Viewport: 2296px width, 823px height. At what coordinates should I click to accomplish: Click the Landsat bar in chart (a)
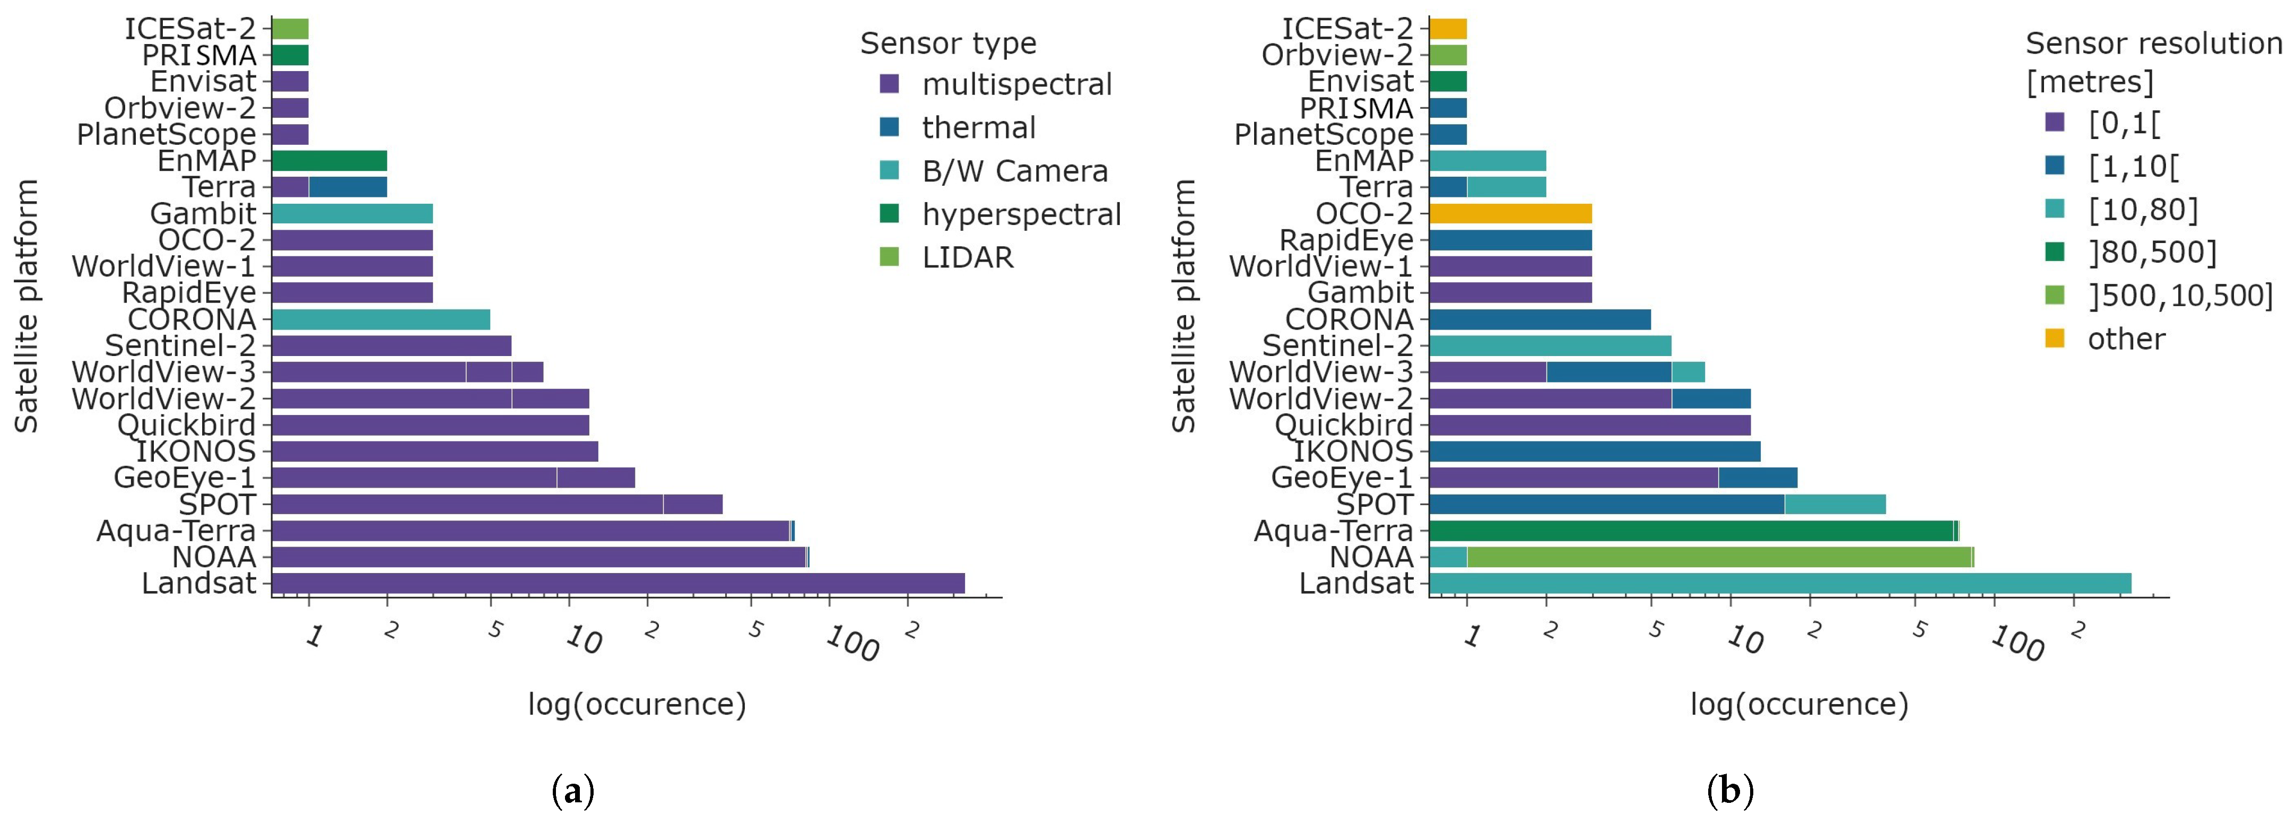[x=618, y=583]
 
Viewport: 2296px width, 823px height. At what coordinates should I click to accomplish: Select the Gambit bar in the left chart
[x=352, y=214]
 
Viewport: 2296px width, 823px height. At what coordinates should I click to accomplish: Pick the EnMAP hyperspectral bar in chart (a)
[x=329, y=160]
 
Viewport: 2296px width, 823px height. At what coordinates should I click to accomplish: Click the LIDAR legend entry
[x=967, y=258]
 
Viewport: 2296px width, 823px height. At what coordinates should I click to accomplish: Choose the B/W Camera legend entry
[x=1014, y=171]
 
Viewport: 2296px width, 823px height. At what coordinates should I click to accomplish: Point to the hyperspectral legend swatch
[x=889, y=214]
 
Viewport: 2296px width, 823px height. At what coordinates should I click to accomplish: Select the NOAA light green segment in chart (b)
[x=1718, y=557]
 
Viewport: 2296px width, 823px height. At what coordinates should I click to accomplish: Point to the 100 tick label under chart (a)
[x=852, y=643]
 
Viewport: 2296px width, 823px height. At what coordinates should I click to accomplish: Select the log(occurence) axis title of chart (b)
[x=1798, y=705]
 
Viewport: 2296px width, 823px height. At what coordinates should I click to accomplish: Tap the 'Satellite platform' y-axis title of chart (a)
[x=27, y=306]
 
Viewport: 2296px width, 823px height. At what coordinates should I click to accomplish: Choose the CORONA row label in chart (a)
[x=192, y=319]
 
